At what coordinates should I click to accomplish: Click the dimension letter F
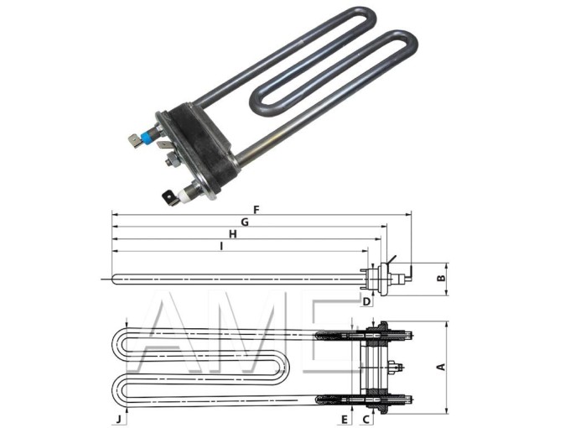[256, 210]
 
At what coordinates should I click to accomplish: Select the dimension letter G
[245, 222]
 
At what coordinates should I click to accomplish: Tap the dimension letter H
[233, 234]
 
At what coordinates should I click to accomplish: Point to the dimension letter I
[221, 246]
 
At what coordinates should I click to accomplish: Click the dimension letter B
[441, 279]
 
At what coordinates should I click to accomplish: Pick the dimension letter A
[441, 367]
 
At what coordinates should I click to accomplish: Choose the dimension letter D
[367, 301]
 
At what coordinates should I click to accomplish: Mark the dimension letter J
[118, 420]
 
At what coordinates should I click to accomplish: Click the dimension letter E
[345, 420]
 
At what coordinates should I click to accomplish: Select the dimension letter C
[366, 420]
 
